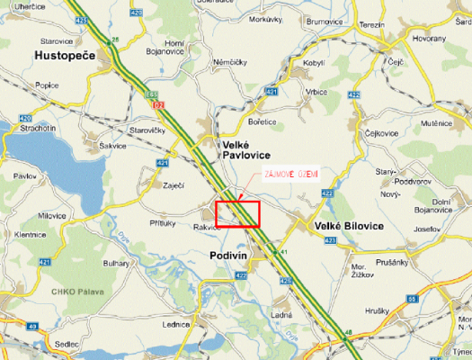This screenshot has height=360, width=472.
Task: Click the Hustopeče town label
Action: tap(67, 56)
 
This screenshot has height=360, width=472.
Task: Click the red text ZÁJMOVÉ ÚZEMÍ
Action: tap(290, 174)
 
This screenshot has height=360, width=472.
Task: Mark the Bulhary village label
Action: tap(116, 263)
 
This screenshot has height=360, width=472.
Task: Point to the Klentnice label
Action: tap(30, 234)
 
